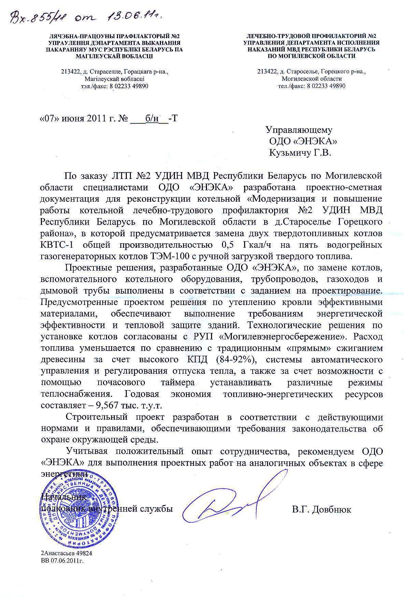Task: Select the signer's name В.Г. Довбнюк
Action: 321,510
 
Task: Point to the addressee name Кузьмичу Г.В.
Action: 300,153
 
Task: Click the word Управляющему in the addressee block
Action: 299,130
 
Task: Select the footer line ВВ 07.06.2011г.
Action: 62,560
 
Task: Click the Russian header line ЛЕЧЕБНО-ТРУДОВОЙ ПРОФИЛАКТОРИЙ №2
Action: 311,36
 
